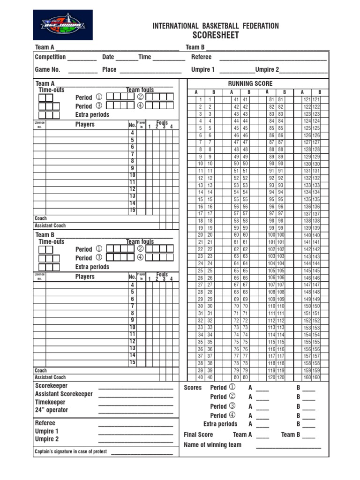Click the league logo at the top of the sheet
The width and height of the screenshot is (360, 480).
point(62,25)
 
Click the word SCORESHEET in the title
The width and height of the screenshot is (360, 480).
point(216,36)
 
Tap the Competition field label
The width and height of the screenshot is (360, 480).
point(50,57)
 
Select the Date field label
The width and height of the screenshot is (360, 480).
point(108,57)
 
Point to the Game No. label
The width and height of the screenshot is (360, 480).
point(48,69)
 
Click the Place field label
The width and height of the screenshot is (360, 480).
point(109,69)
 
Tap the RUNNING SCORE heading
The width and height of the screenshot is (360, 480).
point(250,83)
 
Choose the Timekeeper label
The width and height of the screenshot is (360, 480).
point(50,402)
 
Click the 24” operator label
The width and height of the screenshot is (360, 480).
point(52,410)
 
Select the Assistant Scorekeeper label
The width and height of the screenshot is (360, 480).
point(64,394)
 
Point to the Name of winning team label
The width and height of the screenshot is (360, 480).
point(212,445)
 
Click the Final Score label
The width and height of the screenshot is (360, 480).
point(198,435)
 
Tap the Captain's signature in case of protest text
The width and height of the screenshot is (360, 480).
point(71,451)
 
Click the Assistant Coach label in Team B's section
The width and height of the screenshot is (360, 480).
point(50,377)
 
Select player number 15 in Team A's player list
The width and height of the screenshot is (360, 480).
point(132,210)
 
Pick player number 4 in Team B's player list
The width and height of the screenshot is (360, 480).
point(132,285)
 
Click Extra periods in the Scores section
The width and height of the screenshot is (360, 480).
point(220,424)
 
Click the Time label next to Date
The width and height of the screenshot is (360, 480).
point(145,57)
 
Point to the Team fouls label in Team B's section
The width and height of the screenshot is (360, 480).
point(140,242)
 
